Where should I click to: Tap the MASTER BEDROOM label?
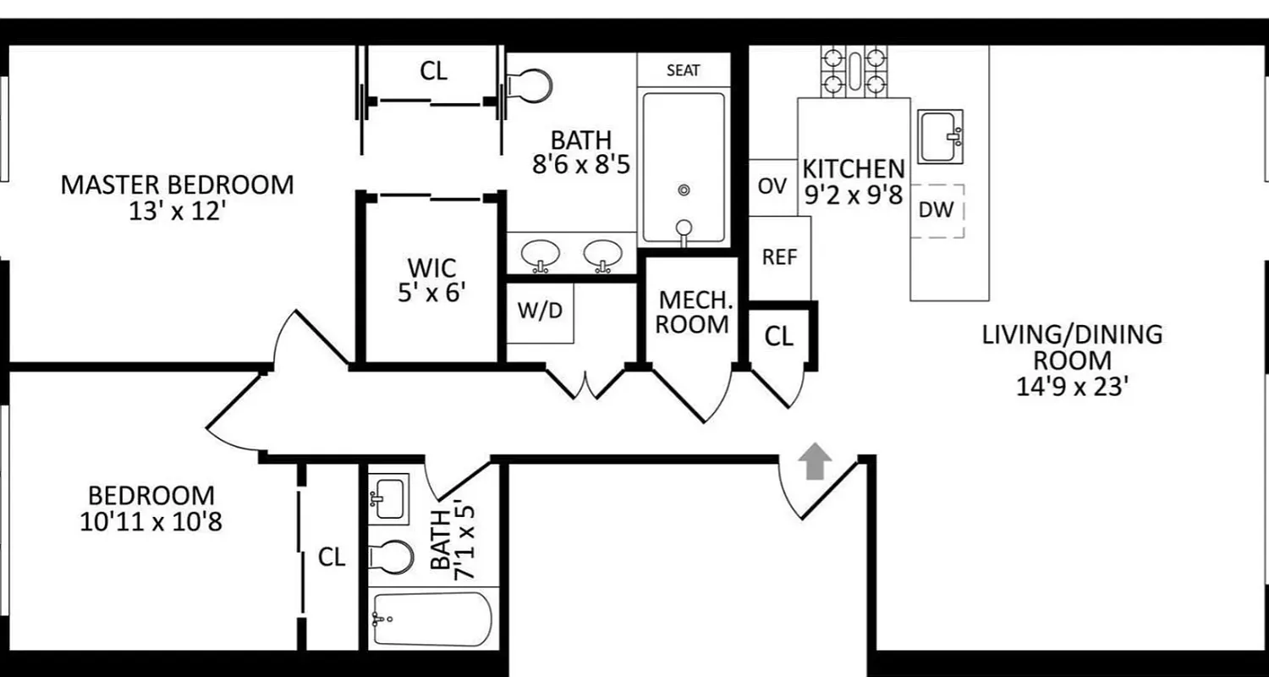(x=177, y=184)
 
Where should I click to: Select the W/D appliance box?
(x=540, y=311)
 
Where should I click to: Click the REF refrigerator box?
(x=779, y=257)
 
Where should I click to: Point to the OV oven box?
(x=772, y=186)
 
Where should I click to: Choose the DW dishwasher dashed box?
(x=937, y=210)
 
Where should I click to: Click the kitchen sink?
(x=942, y=136)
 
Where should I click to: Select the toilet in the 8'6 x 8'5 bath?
(x=530, y=85)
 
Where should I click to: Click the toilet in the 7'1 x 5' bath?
(x=391, y=557)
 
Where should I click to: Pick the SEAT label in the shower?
(x=683, y=70)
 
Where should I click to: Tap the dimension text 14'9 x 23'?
(x=1072, y=387)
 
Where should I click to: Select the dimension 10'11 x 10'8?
(x=151, y=522)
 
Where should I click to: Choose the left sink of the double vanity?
(x=539, y=254)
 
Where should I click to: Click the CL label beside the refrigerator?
(x=779, y=337)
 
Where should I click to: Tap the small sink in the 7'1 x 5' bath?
(x=388, y=497)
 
